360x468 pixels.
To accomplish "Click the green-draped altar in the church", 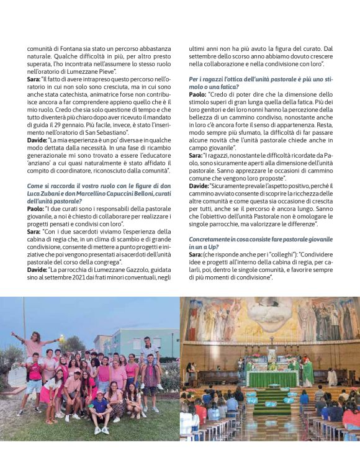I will pos(272,377).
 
